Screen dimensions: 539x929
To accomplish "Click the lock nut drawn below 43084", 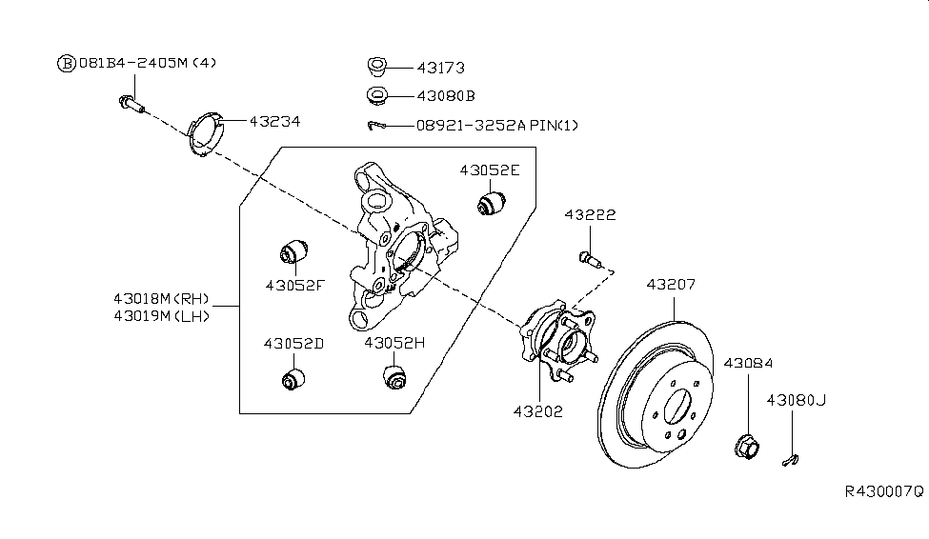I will click(747, 446).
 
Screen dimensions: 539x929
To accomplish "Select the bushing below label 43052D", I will click(294, 377).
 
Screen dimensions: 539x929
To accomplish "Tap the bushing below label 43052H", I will click(394, 375).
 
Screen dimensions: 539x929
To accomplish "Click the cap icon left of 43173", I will click(376, 68).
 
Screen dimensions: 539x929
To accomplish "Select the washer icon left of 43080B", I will click(376, 96).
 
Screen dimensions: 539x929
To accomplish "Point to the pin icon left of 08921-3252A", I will click(377, 126).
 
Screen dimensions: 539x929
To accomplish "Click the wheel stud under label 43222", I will click(587, 257).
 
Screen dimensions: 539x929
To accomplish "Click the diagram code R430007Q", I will click(882, 491).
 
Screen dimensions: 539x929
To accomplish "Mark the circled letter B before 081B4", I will click(67, 64).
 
